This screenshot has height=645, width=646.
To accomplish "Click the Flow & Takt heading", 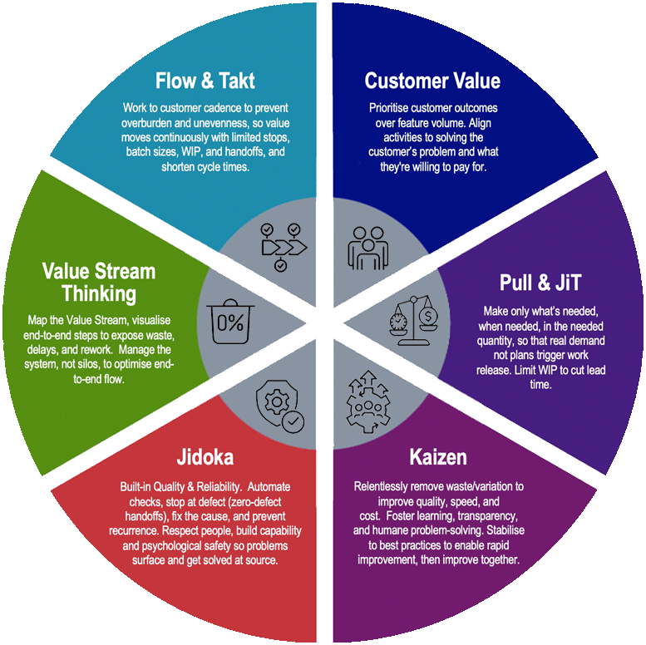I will (x=205, y=81).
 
